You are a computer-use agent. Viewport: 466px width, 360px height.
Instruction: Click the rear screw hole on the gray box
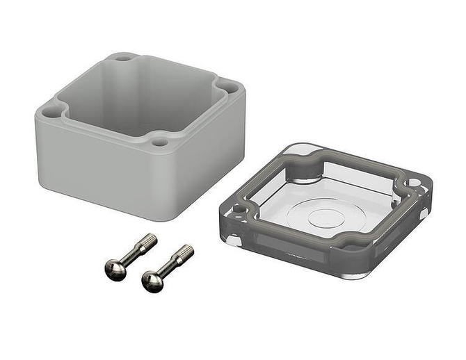[x=123, y=58]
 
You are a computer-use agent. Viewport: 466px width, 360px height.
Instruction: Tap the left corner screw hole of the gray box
[x=49, y=111]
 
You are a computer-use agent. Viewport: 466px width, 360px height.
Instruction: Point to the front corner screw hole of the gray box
[x=160, y=142]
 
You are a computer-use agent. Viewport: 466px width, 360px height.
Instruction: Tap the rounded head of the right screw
[x=152, y=280]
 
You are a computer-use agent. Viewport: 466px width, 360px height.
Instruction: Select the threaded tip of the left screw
[x=147, y=242]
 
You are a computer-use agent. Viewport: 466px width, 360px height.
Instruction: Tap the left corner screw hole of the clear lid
[x=238, y=208]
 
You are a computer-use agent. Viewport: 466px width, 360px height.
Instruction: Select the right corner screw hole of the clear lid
[x=415, y=183]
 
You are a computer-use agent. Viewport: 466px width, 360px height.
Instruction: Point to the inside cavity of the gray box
[x=139, y=90]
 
